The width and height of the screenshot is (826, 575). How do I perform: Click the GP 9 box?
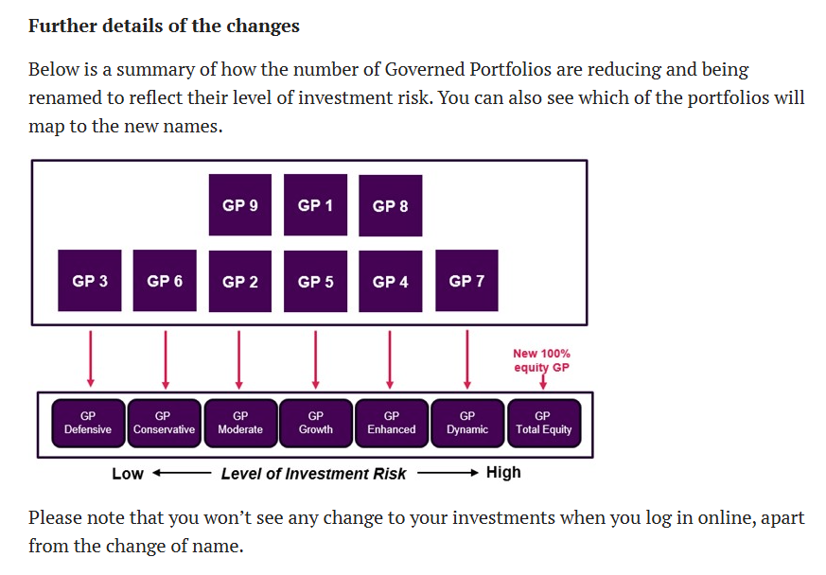[x=240, y=205]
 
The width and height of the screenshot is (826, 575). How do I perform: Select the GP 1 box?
[x=315, y=205]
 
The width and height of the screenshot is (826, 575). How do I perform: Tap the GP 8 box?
[x=391, y=205]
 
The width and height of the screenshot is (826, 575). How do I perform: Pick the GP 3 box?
[x=90, y=281]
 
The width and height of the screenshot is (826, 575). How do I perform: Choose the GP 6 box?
[x=165, y=281]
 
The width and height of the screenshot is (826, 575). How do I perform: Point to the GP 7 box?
[x=466, y=281]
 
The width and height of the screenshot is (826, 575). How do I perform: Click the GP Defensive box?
[x=89, y=424]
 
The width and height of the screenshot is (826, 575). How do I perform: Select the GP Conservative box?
[x=165, y=424]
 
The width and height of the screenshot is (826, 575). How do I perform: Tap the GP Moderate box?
[x=240, y=424]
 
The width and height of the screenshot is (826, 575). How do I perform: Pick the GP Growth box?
[x=316, y=424]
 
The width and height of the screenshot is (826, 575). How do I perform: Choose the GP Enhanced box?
[x=392, y=424]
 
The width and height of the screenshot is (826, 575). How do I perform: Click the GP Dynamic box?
[x=467, y=424]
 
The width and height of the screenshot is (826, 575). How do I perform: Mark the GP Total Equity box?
[x=544, y=424]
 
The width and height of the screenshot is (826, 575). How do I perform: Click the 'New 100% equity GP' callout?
[x=541, y=360]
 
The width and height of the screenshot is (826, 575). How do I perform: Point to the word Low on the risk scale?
[x=128, y=474]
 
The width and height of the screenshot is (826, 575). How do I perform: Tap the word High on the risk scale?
[x=503, y=472]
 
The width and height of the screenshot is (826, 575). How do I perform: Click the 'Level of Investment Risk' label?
[x=313, y=474]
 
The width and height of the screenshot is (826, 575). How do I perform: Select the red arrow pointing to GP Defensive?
[x=91, y=359]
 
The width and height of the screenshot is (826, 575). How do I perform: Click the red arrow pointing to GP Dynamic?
[x=467, y=359]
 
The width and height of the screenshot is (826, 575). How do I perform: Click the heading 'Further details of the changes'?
[x=164, y=26]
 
